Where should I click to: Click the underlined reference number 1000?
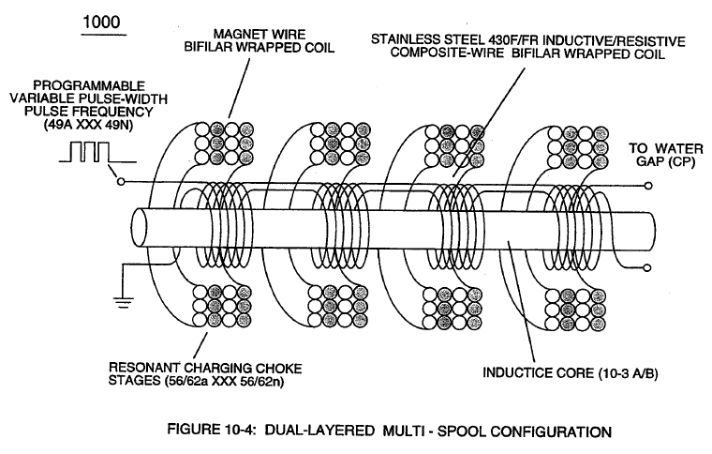pos(101,22)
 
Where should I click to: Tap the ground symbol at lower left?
pos(124,302)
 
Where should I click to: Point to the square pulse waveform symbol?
pos(97,152)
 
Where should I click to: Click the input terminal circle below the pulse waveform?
pos(120,182)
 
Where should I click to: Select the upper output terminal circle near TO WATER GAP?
pos(648,186)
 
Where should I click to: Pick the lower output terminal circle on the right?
pos(648,267)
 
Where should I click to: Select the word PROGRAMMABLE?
pos(89,85)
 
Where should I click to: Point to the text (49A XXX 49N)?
pos(88,126)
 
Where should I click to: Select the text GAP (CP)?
pos(666,161)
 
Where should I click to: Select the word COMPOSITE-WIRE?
pos(447,53)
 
